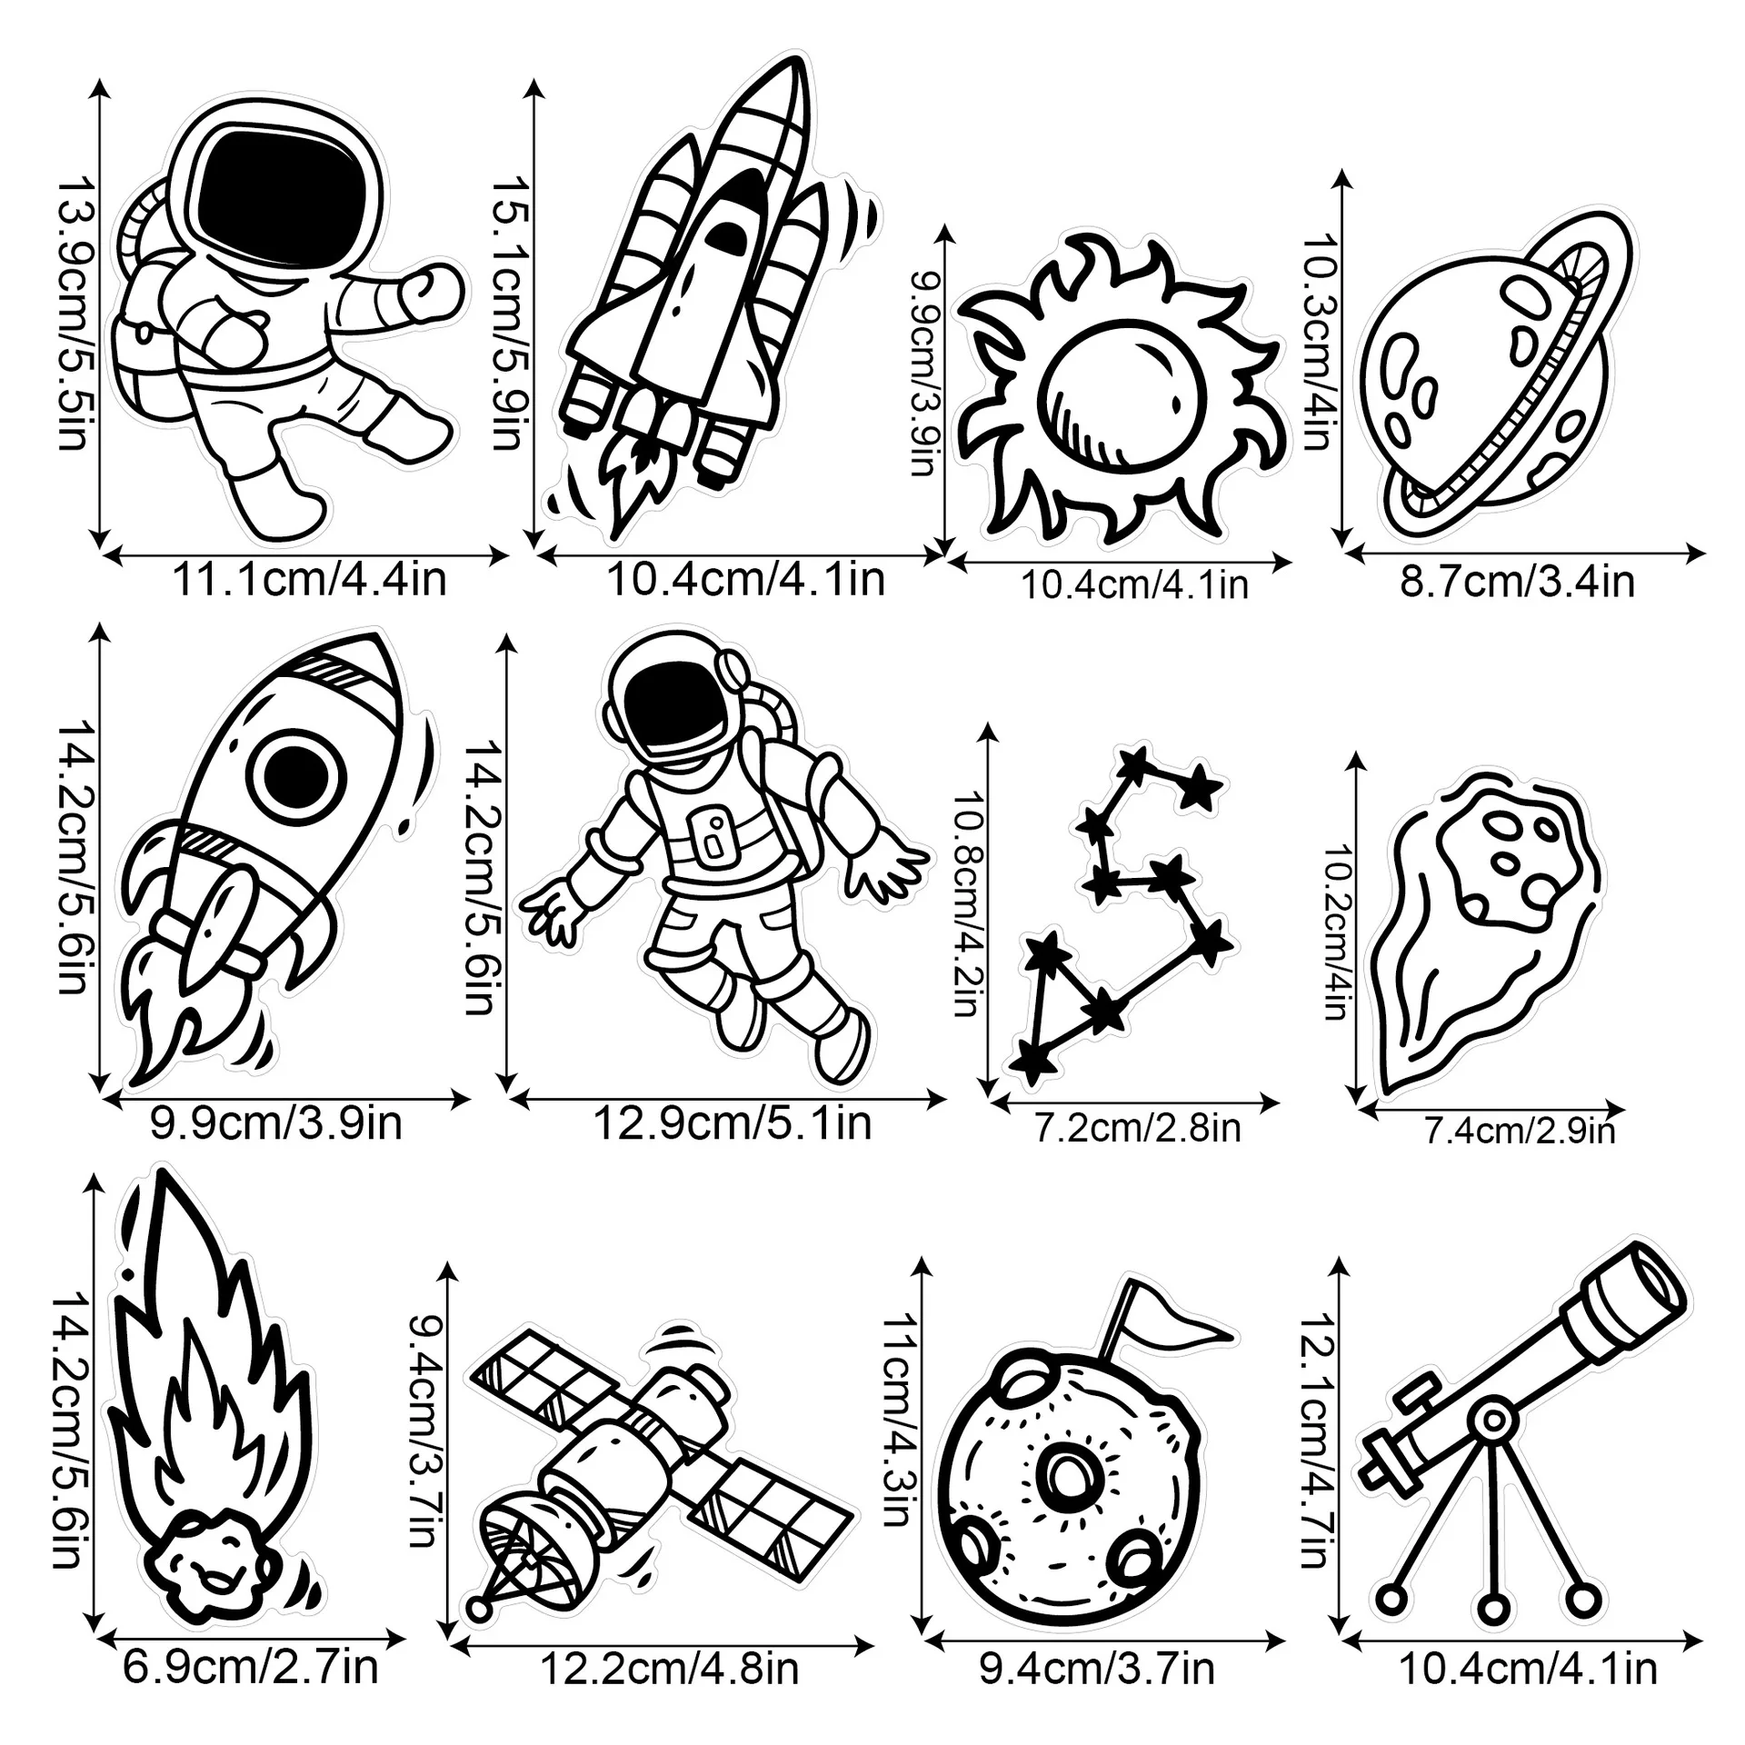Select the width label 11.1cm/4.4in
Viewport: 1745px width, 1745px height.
point(309,579)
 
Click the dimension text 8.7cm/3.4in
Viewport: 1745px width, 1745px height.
point(1517,581)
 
